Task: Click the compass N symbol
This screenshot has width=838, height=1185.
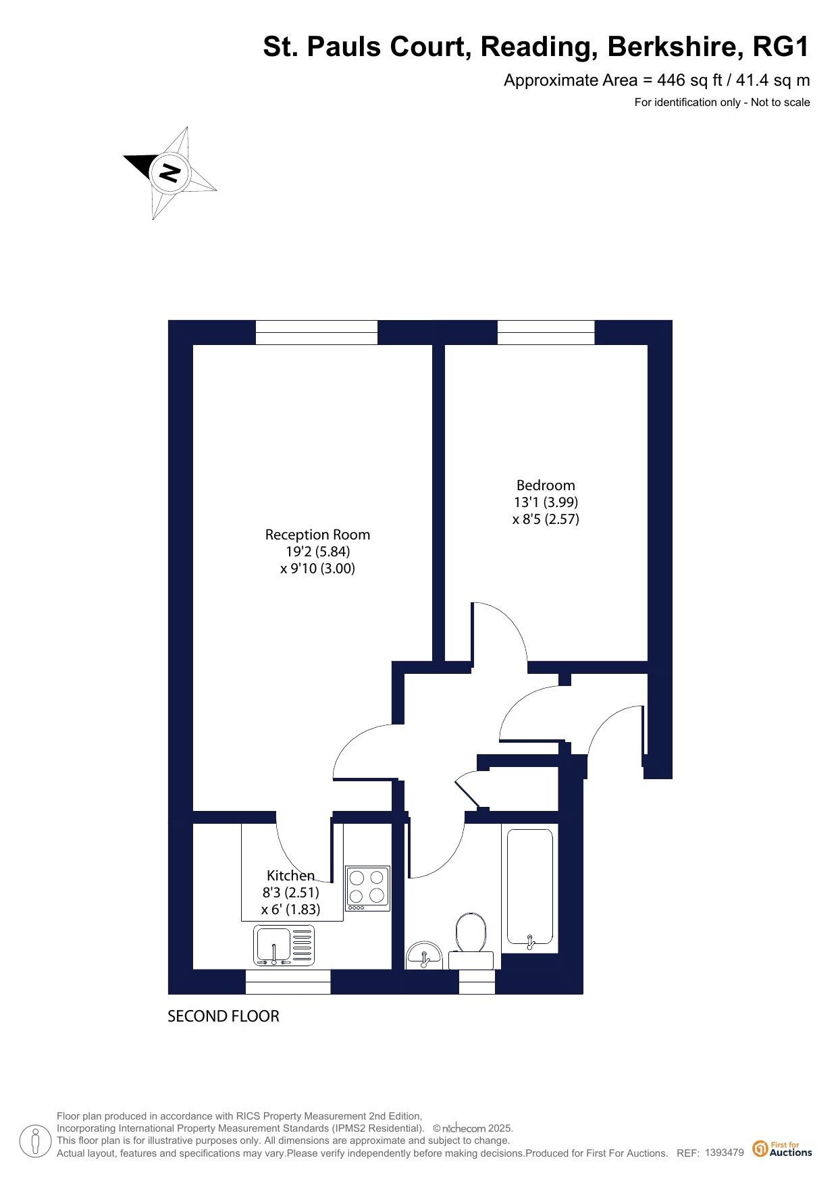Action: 169,173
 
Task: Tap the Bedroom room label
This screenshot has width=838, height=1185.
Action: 546,485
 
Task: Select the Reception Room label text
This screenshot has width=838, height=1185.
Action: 317,535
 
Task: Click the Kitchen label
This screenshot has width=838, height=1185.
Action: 290,876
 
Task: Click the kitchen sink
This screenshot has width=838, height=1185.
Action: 284,945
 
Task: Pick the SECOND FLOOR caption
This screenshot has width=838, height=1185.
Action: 223,1016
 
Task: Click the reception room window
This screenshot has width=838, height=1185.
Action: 316,332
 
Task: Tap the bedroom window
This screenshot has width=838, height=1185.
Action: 546,332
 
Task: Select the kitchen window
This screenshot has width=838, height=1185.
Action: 288,982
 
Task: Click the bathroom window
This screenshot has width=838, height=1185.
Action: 477,982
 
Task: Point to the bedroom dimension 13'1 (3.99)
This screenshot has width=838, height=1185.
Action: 546,502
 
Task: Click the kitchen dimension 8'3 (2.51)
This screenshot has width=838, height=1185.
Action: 290,893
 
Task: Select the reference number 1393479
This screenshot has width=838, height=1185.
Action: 724,1153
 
